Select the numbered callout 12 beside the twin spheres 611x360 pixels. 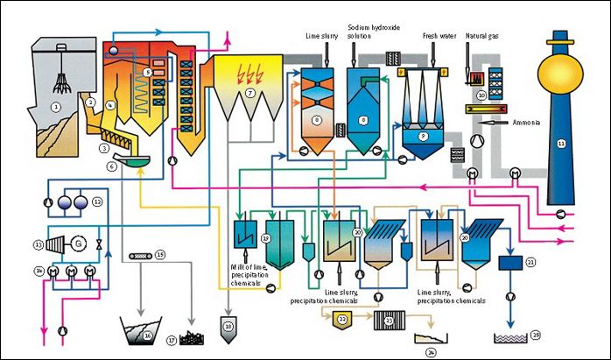tap(98, 202)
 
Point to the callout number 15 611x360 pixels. tap(159, 256)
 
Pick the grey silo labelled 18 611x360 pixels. tap(229, 326)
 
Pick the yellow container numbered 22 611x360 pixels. tap(342, 320)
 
